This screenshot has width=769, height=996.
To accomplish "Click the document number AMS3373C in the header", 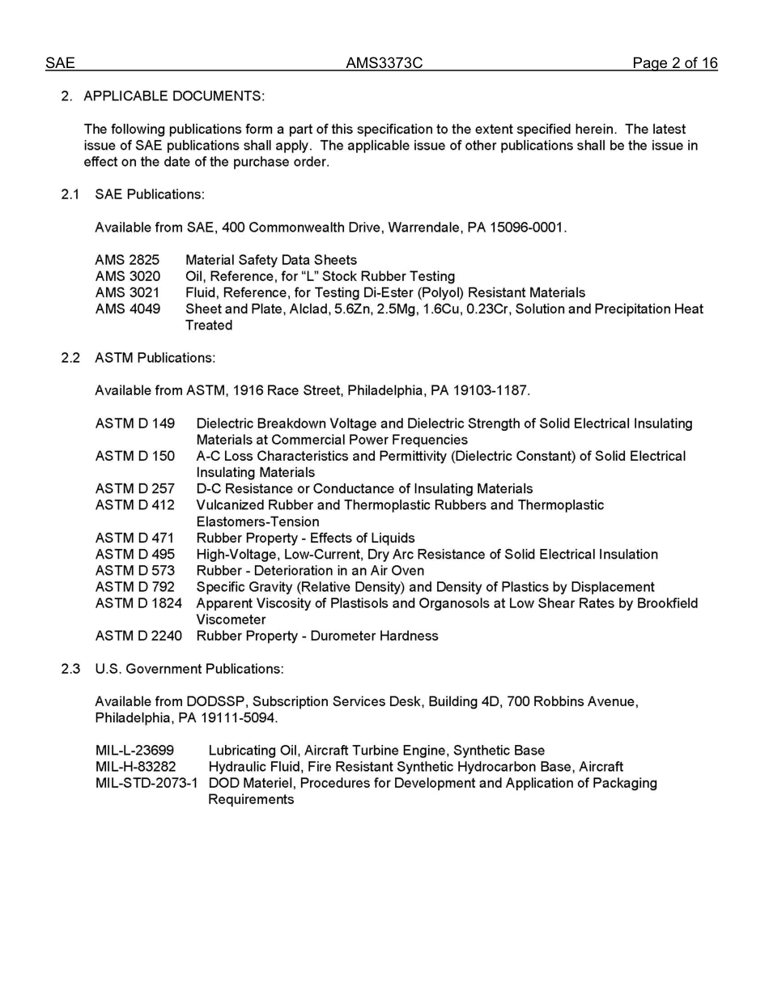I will pos(384,63).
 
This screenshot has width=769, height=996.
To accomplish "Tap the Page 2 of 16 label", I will pos(674,63).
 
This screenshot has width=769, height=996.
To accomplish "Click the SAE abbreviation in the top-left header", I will pos(60,63).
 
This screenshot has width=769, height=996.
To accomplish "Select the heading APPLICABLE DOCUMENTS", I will pos(173,96).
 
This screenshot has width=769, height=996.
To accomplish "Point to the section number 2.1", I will pos(70,194).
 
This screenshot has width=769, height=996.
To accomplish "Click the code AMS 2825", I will pos(127,260).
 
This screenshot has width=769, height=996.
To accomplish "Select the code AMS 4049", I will pos(127,309).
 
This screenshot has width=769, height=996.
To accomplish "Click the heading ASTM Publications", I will pos(155,357).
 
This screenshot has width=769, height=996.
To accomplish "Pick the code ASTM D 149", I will pos(134,424).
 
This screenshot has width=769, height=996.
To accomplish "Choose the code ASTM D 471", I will pos(134,538).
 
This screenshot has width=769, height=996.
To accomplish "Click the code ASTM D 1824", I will pos(138,603).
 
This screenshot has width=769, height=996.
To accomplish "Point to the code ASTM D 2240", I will pos(138,636).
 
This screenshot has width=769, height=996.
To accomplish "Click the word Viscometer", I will pos(231,619).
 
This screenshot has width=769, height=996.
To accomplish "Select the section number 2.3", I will pos(70,669).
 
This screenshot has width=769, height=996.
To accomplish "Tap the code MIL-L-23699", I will pos(134,751).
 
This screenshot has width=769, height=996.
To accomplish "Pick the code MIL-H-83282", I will pos(135,767).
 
